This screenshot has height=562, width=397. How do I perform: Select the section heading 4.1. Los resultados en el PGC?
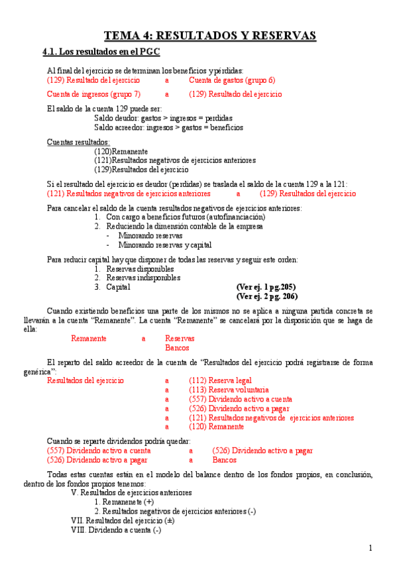pos(101,52)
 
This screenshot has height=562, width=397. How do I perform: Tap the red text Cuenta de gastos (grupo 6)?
pos(232,80)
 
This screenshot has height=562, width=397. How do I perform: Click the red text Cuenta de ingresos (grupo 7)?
pos(93,94)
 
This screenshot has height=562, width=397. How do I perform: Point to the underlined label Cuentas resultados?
pos(78,142)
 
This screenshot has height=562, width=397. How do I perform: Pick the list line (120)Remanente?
pos(121,151)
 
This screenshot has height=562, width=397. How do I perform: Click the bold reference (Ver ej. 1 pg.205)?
pos(266,287)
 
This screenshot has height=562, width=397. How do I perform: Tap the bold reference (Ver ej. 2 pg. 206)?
pos(266,296)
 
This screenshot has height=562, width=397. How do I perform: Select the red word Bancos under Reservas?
pos(177,347)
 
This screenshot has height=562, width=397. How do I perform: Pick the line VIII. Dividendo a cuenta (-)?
pos(116,530)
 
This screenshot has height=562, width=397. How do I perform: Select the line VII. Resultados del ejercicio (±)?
pos(123,521)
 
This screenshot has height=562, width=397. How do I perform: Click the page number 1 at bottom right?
pos(370,547)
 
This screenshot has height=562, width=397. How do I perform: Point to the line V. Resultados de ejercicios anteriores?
pos(131,493)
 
